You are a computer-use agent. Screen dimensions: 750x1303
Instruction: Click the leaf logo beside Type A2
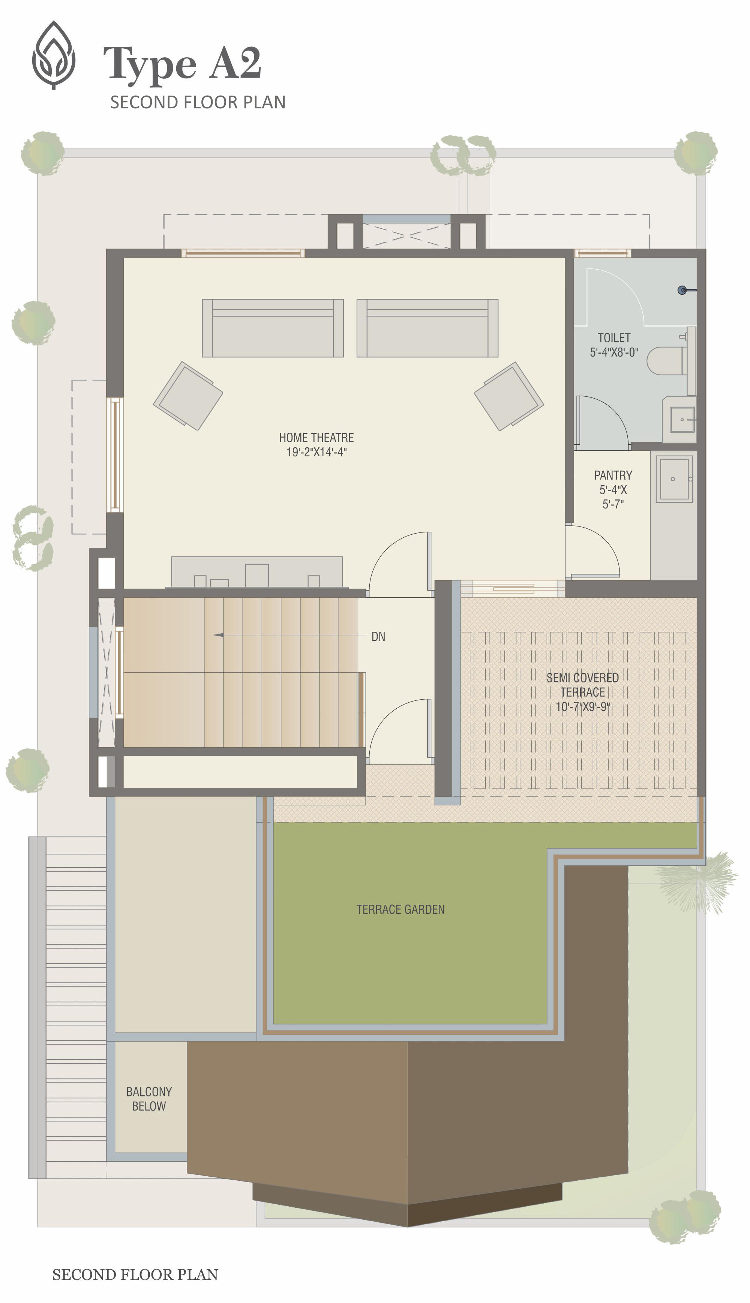coord(54,55)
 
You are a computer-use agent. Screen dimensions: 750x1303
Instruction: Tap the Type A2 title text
coord(182,63)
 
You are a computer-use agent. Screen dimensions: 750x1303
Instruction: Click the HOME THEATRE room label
coord(316,437)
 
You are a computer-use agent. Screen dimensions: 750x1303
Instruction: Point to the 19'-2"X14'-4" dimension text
coord(316,452)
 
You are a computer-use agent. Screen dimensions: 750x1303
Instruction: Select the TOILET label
coord(614,338)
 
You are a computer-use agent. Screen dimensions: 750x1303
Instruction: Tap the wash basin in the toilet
coord(682,420)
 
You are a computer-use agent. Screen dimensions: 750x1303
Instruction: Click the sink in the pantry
coord(674,478)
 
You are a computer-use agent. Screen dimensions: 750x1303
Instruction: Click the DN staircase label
coord(378,637)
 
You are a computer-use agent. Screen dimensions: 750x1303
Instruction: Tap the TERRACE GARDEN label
coord(401,909)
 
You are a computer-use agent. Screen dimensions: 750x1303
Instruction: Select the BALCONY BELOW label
coord(149,1099)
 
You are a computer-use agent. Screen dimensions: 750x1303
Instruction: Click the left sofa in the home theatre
coord(273,328)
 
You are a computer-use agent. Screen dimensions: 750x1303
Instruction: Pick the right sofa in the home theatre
coord(427,328)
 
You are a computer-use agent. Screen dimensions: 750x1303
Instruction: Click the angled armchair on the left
coord(188,396)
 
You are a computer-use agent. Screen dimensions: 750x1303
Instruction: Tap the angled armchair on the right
coord(509,396)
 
